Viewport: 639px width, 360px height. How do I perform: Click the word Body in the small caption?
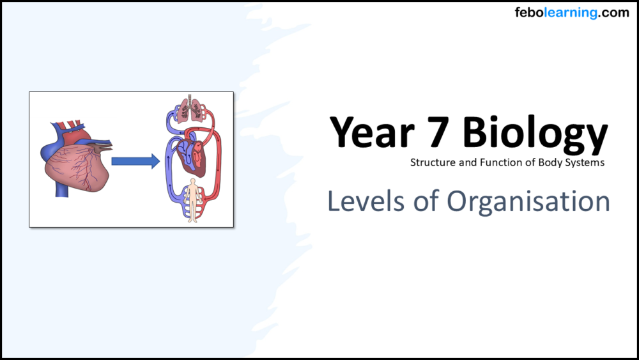tap(550, 162)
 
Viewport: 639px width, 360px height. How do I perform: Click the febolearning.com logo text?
tap(572, 13)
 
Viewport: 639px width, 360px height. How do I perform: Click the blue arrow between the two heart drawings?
tap(135, 161)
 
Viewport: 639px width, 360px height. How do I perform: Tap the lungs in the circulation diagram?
tap(189, 111)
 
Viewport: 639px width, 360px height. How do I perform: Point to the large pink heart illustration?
tap(73, 163)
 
